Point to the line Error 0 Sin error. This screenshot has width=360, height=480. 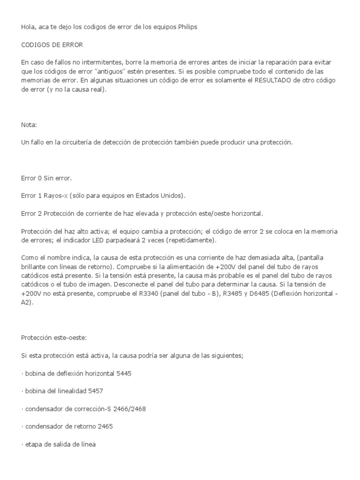tap(47, 178)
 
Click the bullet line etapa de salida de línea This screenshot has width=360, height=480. tap(59, 444)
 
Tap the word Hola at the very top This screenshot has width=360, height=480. tap(28, 27)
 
